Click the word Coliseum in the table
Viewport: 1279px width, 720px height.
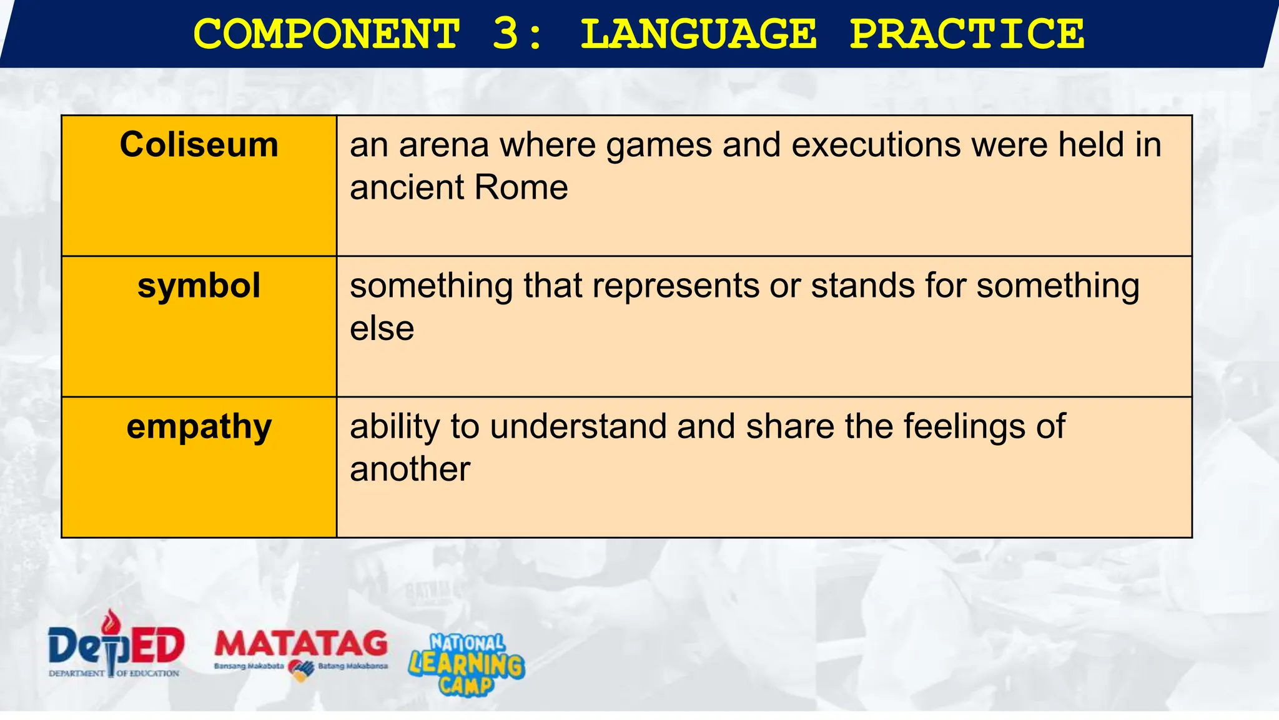(x=199, y=145)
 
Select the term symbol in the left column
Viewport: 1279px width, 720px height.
(x=199, y=286)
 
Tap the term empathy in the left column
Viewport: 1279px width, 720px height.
(x=199, y=427)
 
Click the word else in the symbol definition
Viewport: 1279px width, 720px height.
(x=382, y=329)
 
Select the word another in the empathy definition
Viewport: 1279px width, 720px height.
(x=410, y=469)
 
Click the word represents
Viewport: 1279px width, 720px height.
(x=676, y=286)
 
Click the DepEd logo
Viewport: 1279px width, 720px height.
(x=116, y=647)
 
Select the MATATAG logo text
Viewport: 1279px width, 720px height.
(x=301, y=644)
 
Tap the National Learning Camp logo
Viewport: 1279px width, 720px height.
(x=467, y=664)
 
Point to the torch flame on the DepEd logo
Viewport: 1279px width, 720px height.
(x=112, y=621)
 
